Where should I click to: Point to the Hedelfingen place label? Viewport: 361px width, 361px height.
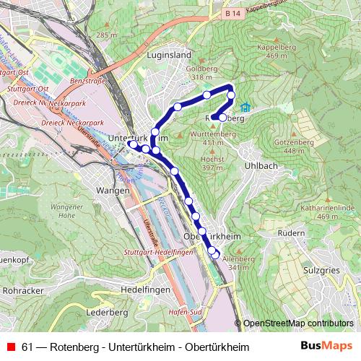pos(145,288)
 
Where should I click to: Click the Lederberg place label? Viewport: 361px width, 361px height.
pos(106,313)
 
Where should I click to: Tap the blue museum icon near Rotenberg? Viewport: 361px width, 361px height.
pos(245,108)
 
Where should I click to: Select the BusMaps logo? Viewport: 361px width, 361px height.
pos(330,347)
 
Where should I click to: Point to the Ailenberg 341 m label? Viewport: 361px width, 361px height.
pos(238,264)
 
